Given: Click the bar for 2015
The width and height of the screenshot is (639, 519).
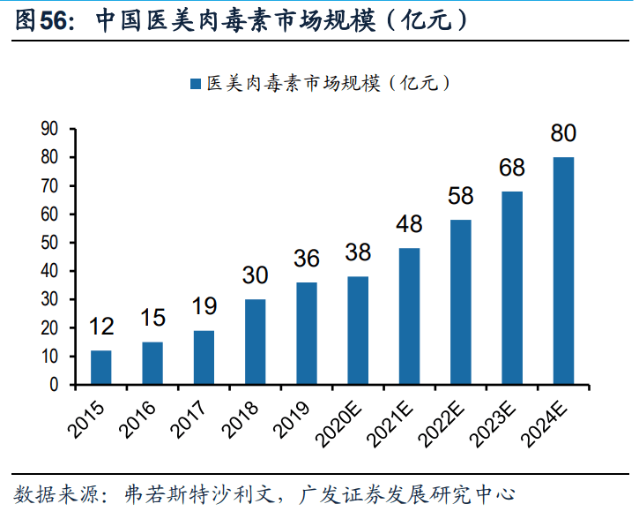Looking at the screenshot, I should click(101, 367).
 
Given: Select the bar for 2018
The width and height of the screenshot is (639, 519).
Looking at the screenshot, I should click(255, 342).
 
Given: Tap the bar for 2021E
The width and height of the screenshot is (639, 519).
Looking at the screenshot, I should click(409, 316).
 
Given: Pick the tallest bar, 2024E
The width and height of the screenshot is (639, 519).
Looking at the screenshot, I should click(563, 270).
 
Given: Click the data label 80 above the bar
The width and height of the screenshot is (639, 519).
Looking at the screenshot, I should click(563, 134).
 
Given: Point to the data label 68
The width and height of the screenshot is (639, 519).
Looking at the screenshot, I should click(512, 168).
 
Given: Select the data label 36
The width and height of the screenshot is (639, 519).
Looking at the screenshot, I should click(307, 259).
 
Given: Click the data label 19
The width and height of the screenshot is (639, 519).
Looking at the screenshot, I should click(204, 307).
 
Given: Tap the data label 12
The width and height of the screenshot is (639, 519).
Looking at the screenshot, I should click(101, 327).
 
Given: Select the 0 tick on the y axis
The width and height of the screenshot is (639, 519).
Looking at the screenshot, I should click(54, 385).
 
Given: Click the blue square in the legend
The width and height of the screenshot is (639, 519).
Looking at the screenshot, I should click(195, 84).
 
